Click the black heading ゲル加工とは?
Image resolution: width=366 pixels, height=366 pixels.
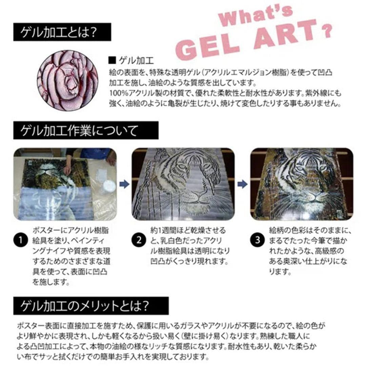click(62, 32)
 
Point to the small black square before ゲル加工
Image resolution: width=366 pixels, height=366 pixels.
click(112, 61)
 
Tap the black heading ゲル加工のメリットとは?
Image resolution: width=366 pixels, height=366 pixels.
click(91, 306)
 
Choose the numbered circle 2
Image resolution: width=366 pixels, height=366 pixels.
click(139, 240)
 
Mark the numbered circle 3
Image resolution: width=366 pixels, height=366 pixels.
click(257, 240)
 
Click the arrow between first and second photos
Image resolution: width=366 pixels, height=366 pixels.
click(124, 184)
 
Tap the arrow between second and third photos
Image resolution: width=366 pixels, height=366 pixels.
click(242, 184)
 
